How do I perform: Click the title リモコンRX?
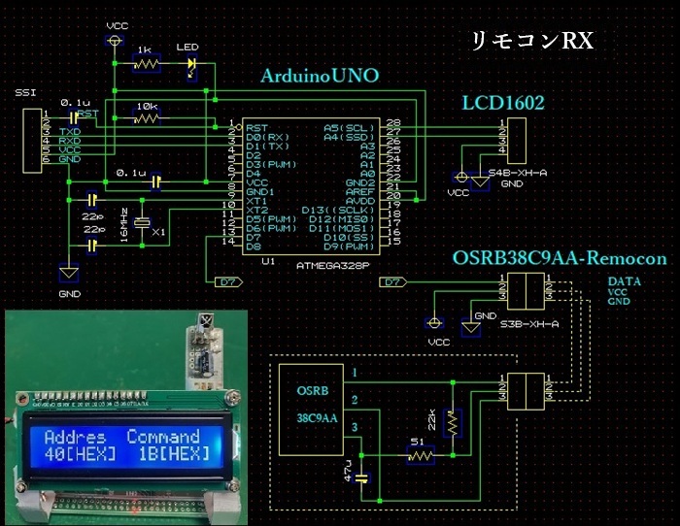(531, 41)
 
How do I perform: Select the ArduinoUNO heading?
(320, 77)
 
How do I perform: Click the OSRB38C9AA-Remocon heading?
(560, 259)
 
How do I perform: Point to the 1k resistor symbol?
(147, 65)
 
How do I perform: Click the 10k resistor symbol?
(147, 118)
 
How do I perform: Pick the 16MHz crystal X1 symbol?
(143, 224)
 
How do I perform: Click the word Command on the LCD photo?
(163, 437)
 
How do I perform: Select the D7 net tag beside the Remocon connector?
(393, 282)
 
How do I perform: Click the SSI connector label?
(24, 92)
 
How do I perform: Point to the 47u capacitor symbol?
(361, 477)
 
